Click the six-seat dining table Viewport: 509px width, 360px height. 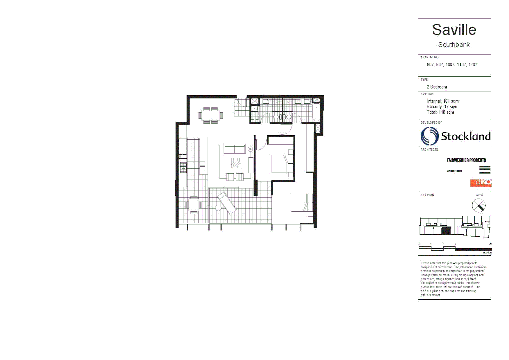[x=211, y=115]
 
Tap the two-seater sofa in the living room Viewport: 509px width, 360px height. [x=235, y=149]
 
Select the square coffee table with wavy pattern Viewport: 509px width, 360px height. [x=236, y=163]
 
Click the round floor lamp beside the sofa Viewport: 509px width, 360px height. [x=250, y=149]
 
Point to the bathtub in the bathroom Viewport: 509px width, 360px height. [x=316, y=112]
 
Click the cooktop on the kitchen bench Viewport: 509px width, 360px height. [x=183, y=167]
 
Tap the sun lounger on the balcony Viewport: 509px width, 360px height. [x=227, y=203]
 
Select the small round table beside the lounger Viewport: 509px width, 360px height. [x=218, y=208]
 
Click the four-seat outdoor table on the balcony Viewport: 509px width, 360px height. [x=194, y=204]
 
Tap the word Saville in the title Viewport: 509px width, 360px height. [x=454, y=30]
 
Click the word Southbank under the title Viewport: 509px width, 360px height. [x=454, y=45]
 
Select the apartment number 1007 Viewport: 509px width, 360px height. [x=450, y=65]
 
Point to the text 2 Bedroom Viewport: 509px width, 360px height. [x=437, y=87]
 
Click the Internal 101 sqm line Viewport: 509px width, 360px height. [x=442, y=101]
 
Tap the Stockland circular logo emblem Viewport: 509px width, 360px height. [x=429, y=136]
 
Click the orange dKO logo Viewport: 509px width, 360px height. [x=481, y=183]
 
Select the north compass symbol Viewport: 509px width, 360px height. [x=479, y=205]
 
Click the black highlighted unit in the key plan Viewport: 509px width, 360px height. [x=446, y=230]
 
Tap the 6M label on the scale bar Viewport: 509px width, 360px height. [x=490, y=244]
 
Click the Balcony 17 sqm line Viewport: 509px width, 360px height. [x=442, y=107]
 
